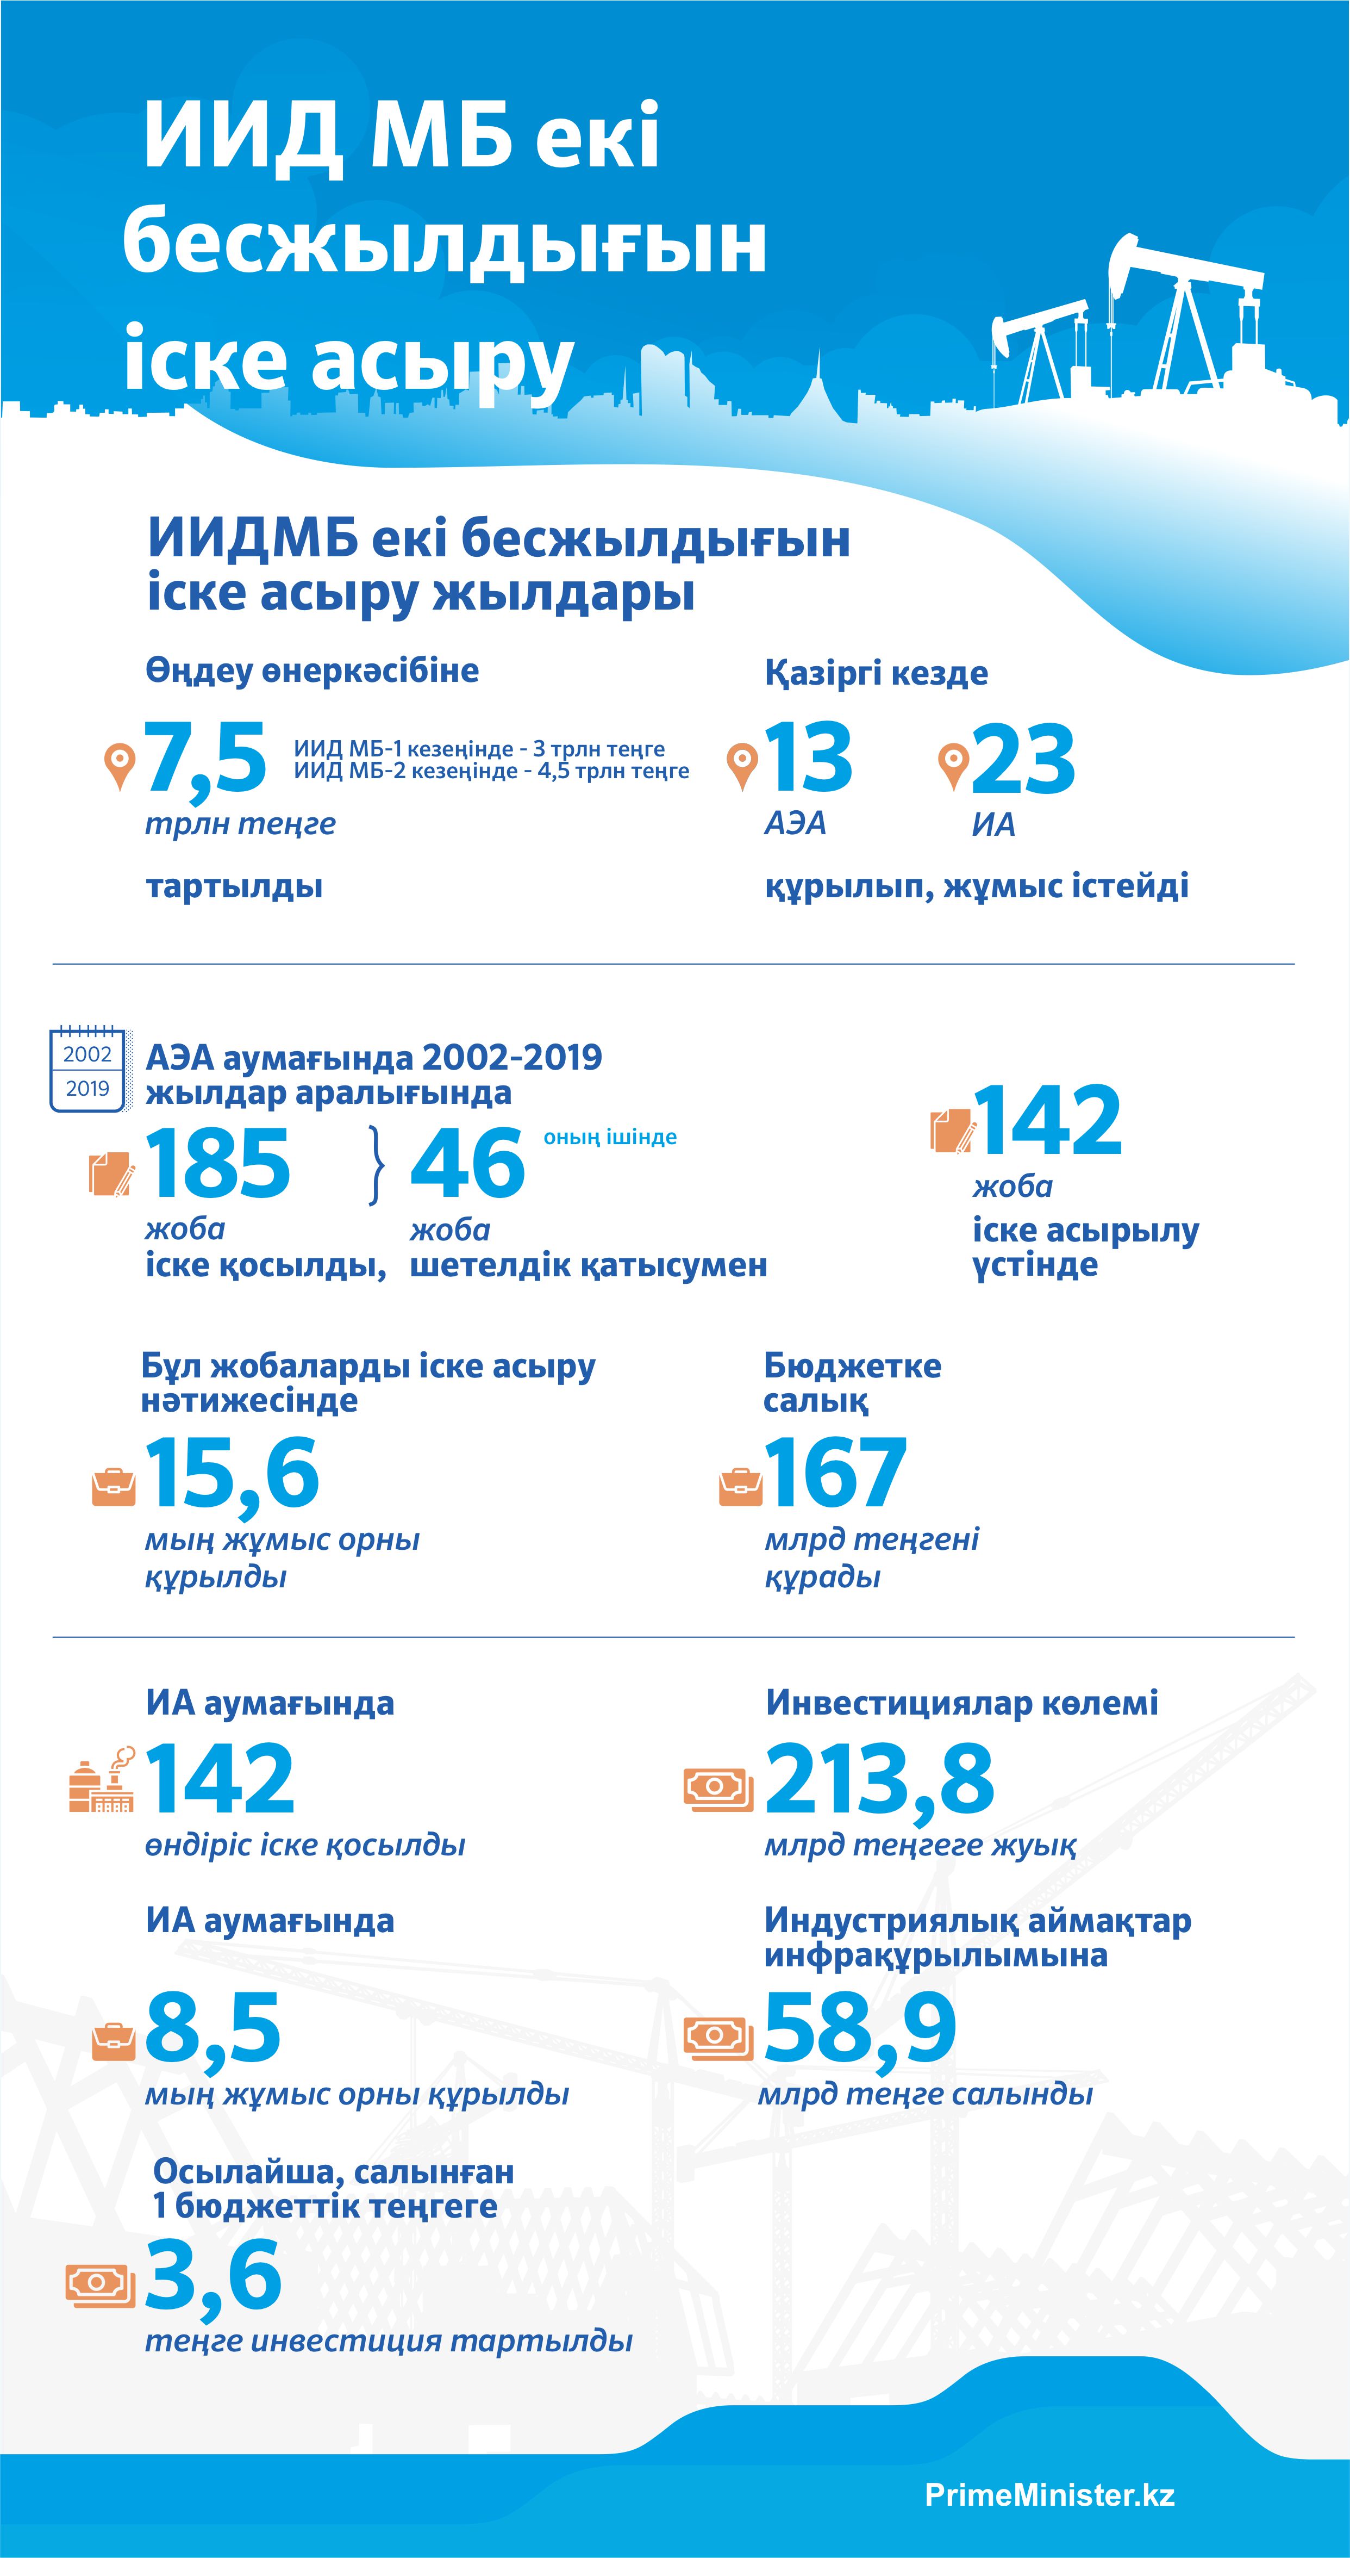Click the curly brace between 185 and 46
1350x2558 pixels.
point(375,1165)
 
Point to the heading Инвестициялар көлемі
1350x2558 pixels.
point(962,1703)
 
